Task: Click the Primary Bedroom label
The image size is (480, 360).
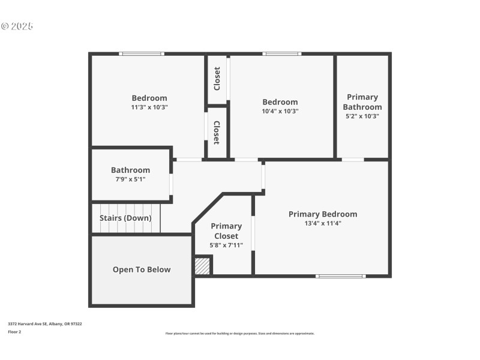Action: (322, 214)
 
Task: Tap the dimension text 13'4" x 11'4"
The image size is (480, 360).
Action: (322, 223)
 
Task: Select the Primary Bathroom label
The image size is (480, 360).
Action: (362, 102)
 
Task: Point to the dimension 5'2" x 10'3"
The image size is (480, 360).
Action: (362, 116)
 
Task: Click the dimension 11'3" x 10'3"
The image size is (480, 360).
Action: (149, 107)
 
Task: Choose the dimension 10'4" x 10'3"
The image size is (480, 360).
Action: (280, 111)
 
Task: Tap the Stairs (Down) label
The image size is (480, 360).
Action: (125, 218)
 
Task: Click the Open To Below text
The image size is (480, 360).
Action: (142, 269)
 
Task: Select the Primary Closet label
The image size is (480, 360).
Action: (226, 231)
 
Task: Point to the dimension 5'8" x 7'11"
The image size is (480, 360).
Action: (226, 245)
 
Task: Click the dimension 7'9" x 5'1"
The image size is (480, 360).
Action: (130, 179)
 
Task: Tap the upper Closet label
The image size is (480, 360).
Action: (217, 79)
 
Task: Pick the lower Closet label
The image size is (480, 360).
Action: (217, 133)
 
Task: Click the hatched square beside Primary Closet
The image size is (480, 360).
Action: (203, 266)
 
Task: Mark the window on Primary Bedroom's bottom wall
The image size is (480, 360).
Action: (340, 276)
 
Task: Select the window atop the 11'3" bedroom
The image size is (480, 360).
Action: (142, 54)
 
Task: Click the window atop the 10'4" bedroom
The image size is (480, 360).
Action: (281, 54)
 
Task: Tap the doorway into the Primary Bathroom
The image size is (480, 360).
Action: (353, 160)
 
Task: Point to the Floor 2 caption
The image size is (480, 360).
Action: (14, 331)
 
